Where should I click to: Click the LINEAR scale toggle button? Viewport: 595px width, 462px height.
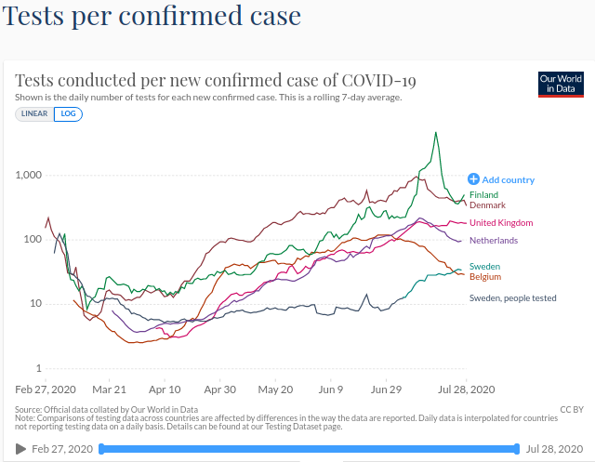coord(33,113)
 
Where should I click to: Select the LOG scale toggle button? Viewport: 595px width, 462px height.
coord(66,113)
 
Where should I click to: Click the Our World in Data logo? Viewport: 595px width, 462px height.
coord(561,85)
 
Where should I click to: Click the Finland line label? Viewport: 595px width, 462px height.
coord(483,195)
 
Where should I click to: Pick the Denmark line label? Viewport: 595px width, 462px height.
coord(487,205)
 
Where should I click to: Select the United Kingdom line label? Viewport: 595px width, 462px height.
coord(501,223)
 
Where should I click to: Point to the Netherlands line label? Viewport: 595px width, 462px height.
coord(494,240)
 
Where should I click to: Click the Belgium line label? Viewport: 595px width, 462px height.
coord(485,277)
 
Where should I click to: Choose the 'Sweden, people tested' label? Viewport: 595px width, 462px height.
coord(512,297)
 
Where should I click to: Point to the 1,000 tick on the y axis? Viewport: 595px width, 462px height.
coord(30,175)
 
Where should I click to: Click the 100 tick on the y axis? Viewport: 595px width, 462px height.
coord(34,239)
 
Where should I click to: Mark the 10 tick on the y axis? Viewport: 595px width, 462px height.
coord(37,304)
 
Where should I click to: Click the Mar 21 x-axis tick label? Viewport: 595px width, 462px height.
coord(109,390)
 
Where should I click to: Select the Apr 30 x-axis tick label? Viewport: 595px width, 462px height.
coord(219,390)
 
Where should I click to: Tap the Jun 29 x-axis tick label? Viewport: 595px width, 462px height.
coord(386,390)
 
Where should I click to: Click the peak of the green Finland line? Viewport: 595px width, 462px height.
coord(435,133)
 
